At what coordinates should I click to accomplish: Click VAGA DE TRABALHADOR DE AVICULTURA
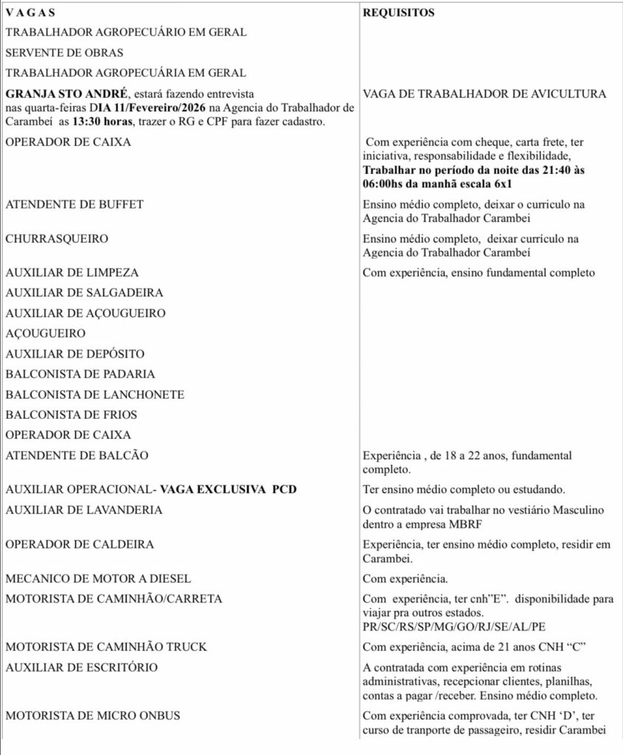pyautogui.click(x=485, y=94)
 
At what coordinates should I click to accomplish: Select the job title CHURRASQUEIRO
pyautogui.click(x=57, y=240)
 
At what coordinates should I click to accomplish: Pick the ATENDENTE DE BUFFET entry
pyautogui.click(x=74, y=204)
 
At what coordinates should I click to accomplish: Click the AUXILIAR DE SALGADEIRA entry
pyautogui.click(x=84, y=293)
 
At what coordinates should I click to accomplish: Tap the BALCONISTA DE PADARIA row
pyautogui.click(x=80, y=374)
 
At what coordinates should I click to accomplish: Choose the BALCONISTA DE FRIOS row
pyautogui.click(x=72, y=414)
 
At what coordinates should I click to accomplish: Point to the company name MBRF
pyautogui.click(x=497, y=523)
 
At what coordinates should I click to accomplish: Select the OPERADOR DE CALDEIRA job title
pyautogui.click(x=80, y=544)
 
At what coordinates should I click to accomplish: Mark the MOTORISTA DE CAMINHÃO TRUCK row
pyautogui.click(x=106, y=647)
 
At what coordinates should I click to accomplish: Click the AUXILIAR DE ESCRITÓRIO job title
pyautogui.click(x=86, y=667)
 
